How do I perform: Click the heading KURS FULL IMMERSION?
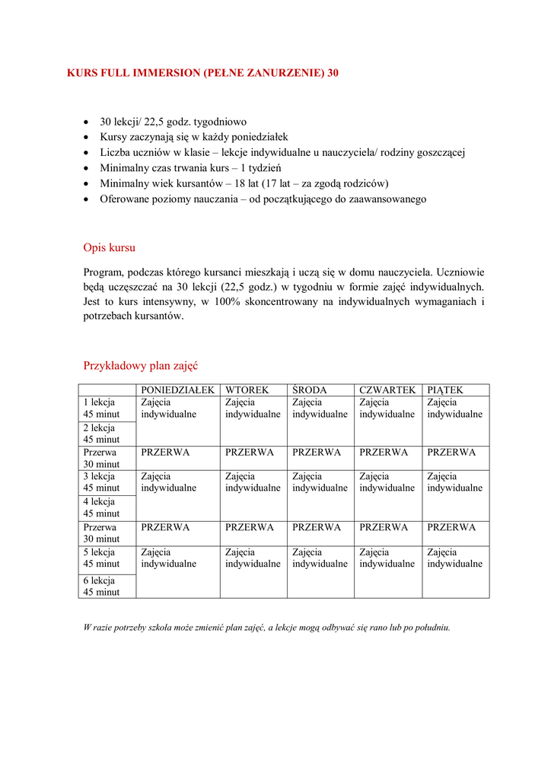click(203, 74)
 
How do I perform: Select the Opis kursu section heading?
click(110, 247)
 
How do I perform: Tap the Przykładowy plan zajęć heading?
click(140, 365)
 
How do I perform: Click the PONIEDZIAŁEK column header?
click(177, 390)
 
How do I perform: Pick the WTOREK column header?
click(247, 390)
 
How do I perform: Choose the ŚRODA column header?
click(310, 390)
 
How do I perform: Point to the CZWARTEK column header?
click(387, 390)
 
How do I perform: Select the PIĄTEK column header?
click(445, 390)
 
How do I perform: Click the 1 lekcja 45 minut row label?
click(101, 409)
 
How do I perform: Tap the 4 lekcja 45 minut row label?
click(101, 507)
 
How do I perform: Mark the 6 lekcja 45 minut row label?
click(101, 586)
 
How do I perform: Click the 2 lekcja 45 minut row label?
click(101, 434)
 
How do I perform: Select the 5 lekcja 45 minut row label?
click(101, 558)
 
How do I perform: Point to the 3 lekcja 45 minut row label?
click(101, 482)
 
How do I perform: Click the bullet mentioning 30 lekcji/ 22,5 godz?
click(174, 122)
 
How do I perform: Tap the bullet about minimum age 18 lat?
click(244, 183)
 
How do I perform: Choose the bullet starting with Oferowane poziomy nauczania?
click(263, 199)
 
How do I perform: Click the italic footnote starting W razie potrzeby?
click(266, 628)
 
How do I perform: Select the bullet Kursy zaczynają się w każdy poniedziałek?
click(194, 137)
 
